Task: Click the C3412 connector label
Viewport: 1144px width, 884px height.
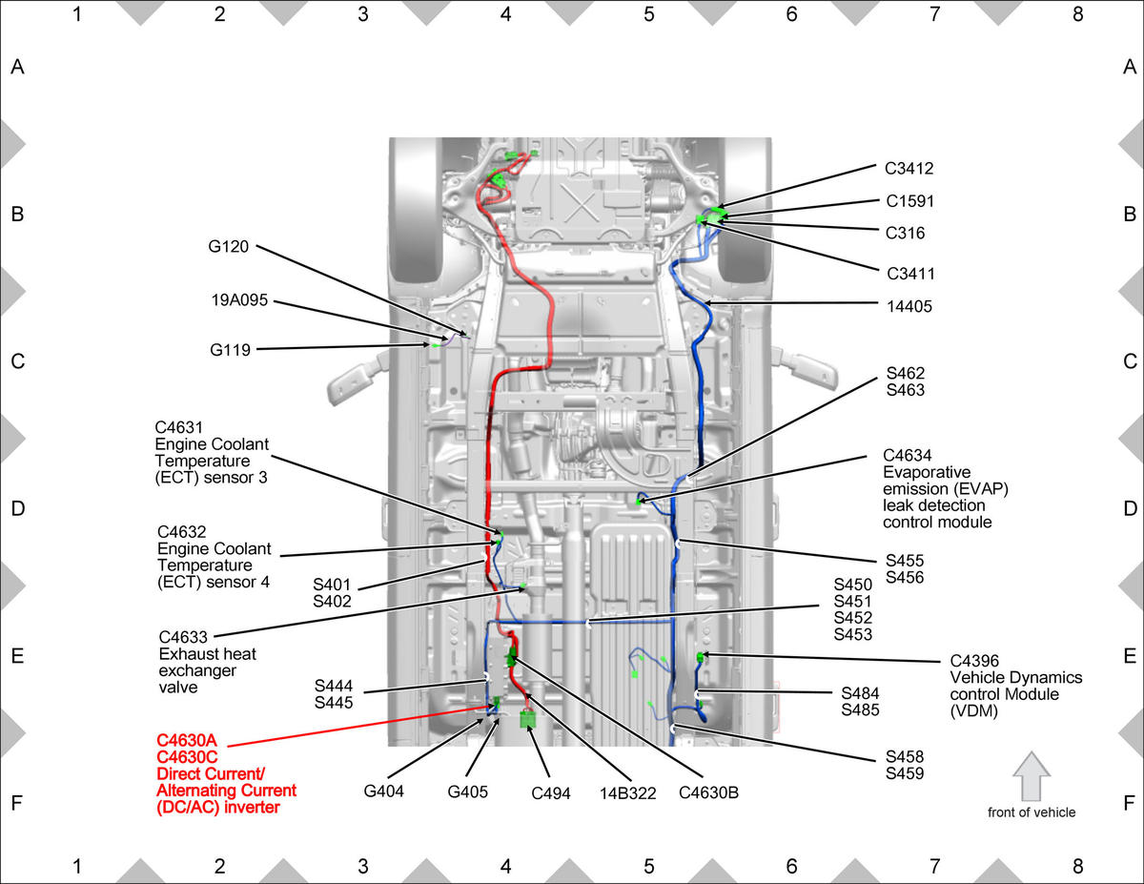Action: tap(909, 169)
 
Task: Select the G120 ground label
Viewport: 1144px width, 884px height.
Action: tap(228, 246)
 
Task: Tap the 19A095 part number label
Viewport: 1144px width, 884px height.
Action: tap(239, 300)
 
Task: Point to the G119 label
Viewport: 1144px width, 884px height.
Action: tap(230, 350)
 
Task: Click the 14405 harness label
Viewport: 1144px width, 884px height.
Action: tap(909, 306)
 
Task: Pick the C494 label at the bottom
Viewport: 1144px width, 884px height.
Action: tap(551, 792)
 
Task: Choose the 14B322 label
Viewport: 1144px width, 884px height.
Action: tap(627, 792)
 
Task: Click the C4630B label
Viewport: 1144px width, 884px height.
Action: tap(708, 792)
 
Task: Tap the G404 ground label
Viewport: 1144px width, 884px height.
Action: tap(383, 791)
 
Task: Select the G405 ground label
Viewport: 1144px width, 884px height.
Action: tap(467, 791)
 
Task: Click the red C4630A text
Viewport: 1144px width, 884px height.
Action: tap(186, 740)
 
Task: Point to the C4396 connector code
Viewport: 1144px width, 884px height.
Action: tap(974, 661)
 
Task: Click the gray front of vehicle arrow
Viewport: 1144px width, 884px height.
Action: tap(1032, 776)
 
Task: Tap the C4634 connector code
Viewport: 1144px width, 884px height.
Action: tap(907, 455)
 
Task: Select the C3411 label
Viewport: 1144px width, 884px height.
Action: tap(910, 274)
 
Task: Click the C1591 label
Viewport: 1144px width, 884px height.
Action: tap(909, 201)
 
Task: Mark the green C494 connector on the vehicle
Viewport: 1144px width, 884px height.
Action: tap(527, 719)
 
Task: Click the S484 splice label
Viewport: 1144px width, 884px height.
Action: tap(860, 693)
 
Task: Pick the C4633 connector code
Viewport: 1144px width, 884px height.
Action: tap(183, 637)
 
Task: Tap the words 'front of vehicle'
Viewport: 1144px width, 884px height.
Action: tap(1032, 812)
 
